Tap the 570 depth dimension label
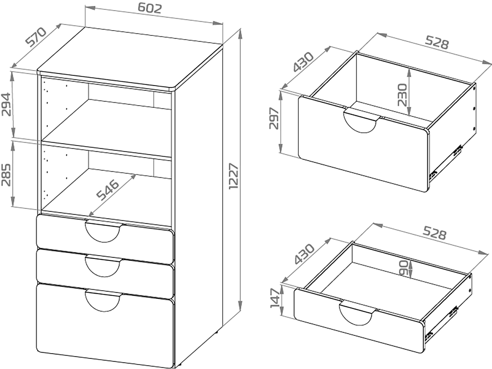36,37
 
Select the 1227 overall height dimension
234,176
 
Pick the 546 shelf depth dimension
108,190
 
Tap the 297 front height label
273,118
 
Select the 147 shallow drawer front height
275,298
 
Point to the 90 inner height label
404,268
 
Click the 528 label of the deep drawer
437,43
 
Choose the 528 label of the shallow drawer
434,233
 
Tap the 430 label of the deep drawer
303,62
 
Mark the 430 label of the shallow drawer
304,254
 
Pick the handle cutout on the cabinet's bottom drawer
103,301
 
